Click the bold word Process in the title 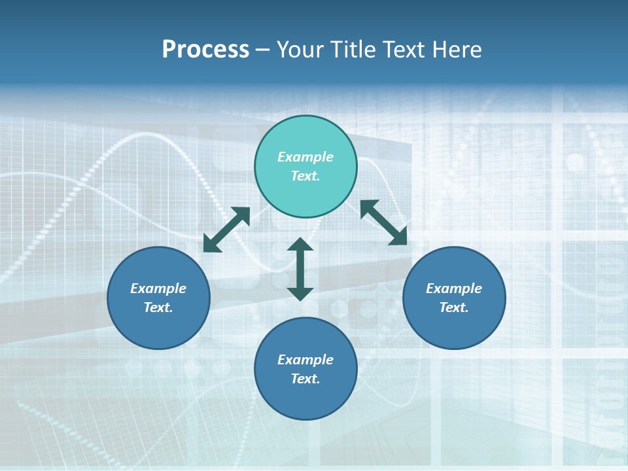point(205,50)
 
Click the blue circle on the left point(158,298)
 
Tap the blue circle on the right point(454,298)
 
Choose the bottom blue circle point(305,368)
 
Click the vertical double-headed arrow point(300,269)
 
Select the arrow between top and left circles point(226,230)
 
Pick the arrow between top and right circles point(383,222)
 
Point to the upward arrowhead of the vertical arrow point(300,245)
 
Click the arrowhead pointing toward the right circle point(398,237)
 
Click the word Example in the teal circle point(305,157)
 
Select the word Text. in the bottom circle point(305,379)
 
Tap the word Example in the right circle point(454,288)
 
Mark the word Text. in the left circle point(158,307)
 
